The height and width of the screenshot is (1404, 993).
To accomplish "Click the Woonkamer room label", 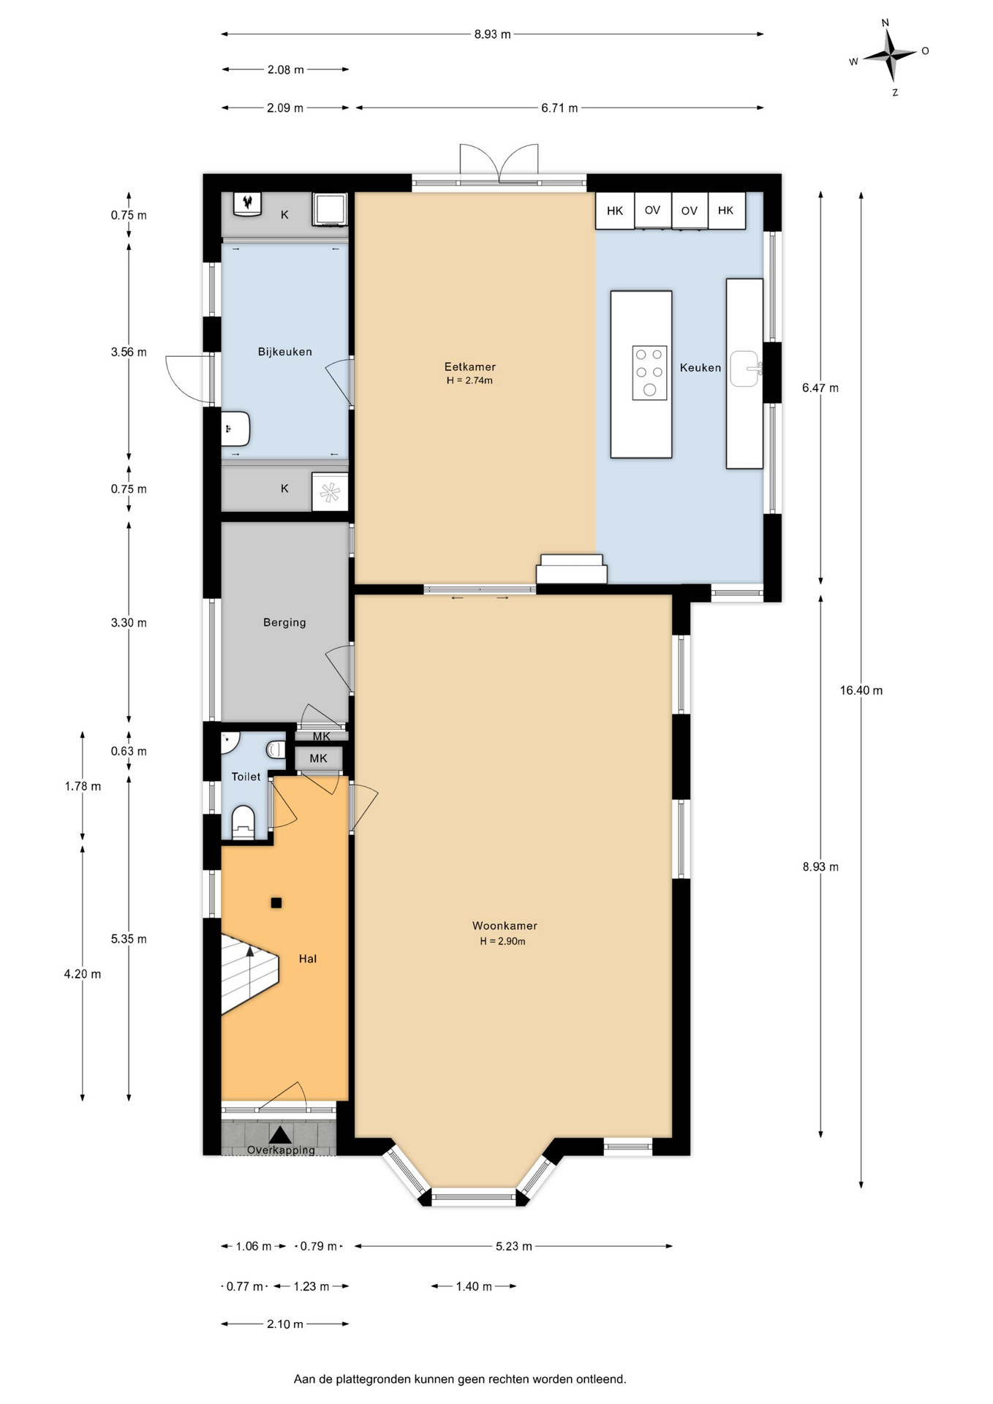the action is click(505, 926).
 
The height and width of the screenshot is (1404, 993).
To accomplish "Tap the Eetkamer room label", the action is click(469, 367).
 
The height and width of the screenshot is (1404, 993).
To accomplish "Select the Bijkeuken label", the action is click(284, 352).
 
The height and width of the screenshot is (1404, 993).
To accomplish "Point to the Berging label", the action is click(284, 623).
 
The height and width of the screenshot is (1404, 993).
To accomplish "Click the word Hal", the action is click(307, 959).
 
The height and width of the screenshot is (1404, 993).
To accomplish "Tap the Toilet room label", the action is click(246, 777).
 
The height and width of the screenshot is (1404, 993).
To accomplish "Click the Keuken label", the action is click(701, 368).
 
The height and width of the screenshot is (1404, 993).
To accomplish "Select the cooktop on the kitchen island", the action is click(649, 373).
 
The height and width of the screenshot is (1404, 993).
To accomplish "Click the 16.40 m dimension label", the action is click(861, 690).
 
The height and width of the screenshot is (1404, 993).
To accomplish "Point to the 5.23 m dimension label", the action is click(513, 1246).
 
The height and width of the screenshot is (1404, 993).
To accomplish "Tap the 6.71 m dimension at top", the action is click(559, 108).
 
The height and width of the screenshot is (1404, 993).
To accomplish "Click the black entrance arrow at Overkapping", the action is click(280, 1135).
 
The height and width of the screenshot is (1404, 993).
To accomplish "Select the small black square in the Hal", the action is click(276, 903).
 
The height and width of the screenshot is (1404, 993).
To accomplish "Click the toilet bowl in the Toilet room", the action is click(243, 821).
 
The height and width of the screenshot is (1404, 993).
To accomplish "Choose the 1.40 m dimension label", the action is click(474, 1286).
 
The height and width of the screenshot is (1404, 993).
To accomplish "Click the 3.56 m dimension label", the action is click(129, 352).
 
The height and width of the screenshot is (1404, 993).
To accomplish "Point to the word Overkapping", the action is click(281, 1150).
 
